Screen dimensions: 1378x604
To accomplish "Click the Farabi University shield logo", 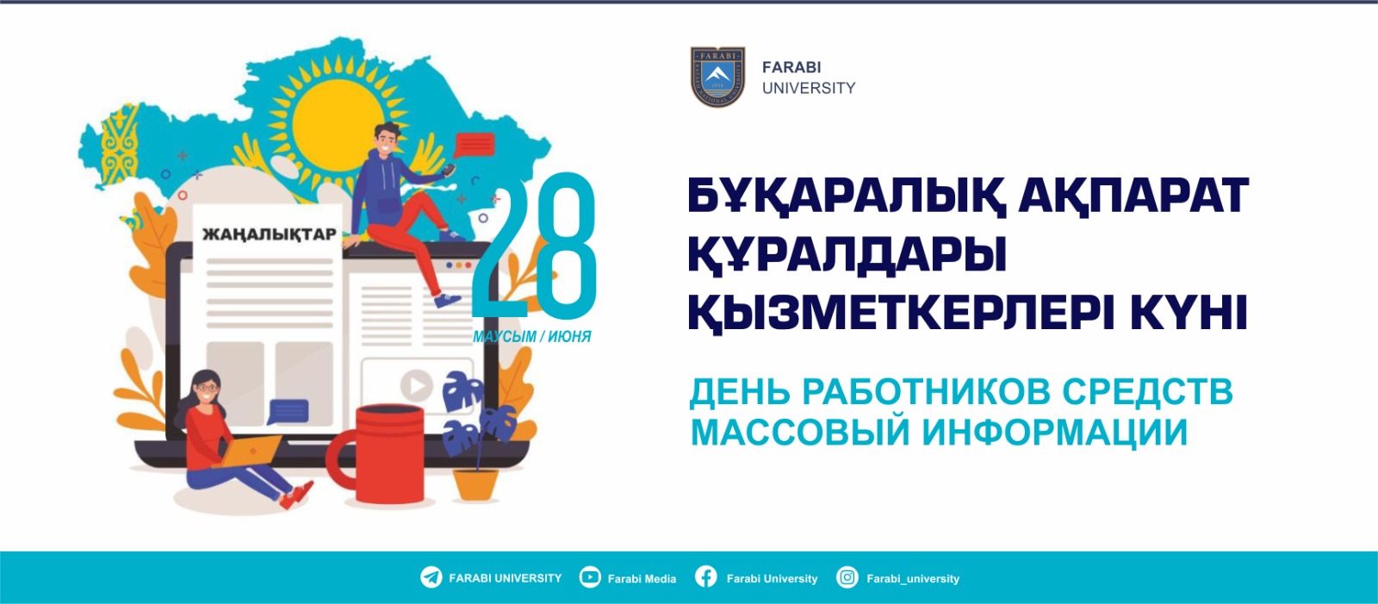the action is click(717, 77).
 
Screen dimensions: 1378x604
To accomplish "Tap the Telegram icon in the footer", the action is click(431, 577).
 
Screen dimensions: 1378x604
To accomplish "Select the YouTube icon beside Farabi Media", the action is click(590, 577).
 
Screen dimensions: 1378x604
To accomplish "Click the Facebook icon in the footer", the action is click(706, 577).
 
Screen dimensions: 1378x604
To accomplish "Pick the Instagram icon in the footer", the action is click(847, 577).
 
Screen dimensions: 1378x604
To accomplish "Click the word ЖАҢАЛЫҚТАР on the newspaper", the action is click(270, 234).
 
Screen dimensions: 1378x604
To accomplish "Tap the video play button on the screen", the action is click(417, 385).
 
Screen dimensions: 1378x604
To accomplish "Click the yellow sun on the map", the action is click(339, 122).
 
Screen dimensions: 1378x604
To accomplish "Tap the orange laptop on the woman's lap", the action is click(249, 451).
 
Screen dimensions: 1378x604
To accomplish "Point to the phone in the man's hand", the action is click(449, 169).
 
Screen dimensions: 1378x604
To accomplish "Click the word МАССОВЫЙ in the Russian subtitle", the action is click(800, 433).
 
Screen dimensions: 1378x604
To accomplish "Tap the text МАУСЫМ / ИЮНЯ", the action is click(532, 337).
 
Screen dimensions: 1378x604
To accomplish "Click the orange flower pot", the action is click(475, 484).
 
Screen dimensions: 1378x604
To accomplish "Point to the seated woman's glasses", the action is click(208, 388).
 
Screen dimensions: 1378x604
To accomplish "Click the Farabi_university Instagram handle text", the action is click(913, 579).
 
